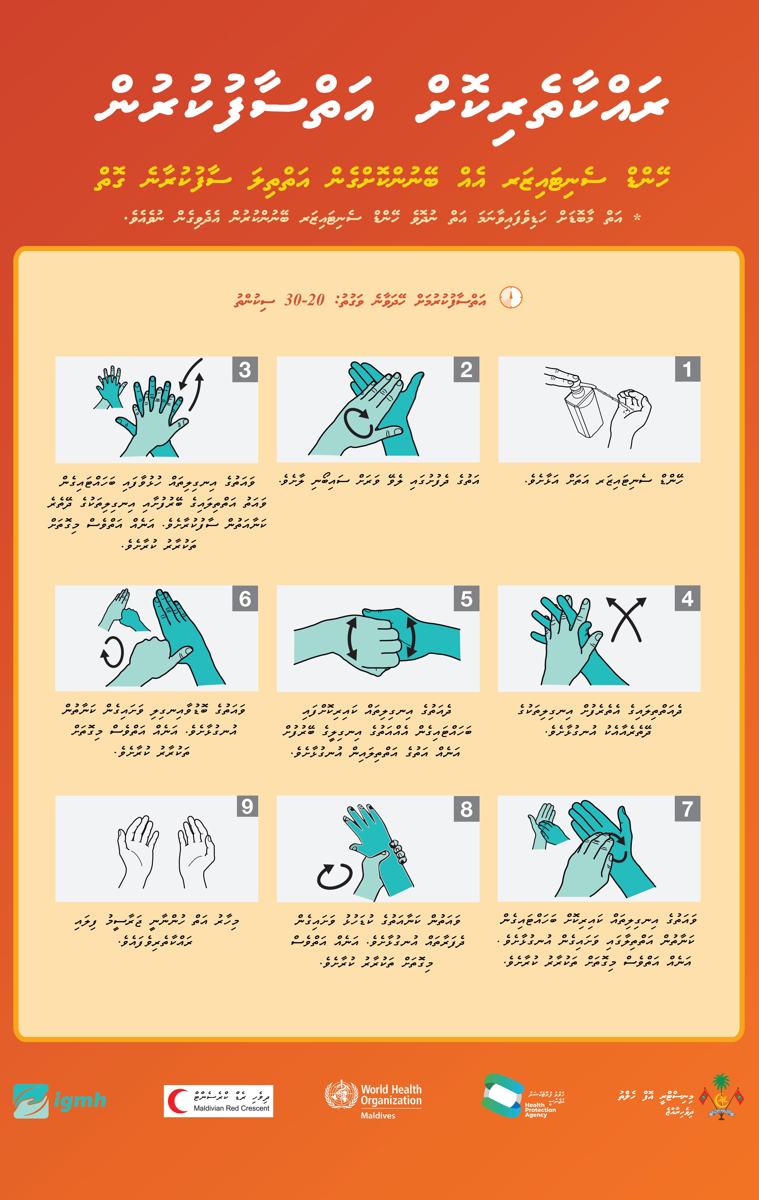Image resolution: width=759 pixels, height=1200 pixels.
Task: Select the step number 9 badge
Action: click(247, 806)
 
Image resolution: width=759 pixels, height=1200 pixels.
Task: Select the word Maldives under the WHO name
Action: click(378, 1115)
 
